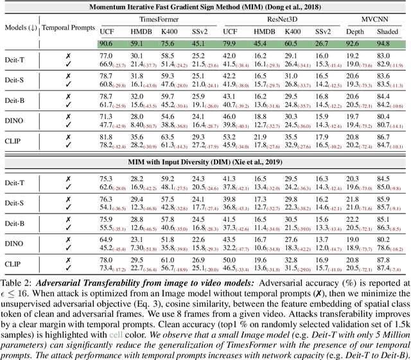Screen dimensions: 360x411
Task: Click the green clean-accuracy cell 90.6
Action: click(x=107, y=44)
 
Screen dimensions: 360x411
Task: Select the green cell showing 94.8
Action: click(x=385, y=44)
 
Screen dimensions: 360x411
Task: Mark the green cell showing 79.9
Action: click(x=231, y=44)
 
